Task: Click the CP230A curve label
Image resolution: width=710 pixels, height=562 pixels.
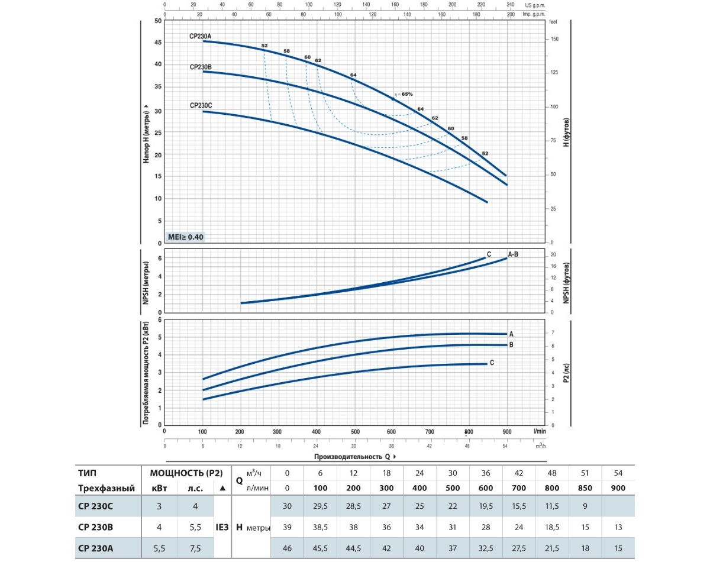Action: click(201, 36)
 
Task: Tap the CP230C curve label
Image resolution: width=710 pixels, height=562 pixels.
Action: click(201, 105)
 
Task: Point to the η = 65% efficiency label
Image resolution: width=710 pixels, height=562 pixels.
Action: click(403, 94)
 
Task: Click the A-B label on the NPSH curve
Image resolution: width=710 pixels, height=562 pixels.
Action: click(513, 254)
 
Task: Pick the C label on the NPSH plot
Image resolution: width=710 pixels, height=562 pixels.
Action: click(489, 254)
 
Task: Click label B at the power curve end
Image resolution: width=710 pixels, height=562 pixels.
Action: click(511, 344)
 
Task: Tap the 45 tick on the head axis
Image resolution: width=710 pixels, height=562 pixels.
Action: click(158, 42)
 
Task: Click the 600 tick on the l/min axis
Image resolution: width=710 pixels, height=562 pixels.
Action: click(392, 431)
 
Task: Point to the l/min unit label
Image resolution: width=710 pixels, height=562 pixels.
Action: click(539, 431)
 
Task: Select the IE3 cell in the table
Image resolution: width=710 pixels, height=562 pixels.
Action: click(222, 527)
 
